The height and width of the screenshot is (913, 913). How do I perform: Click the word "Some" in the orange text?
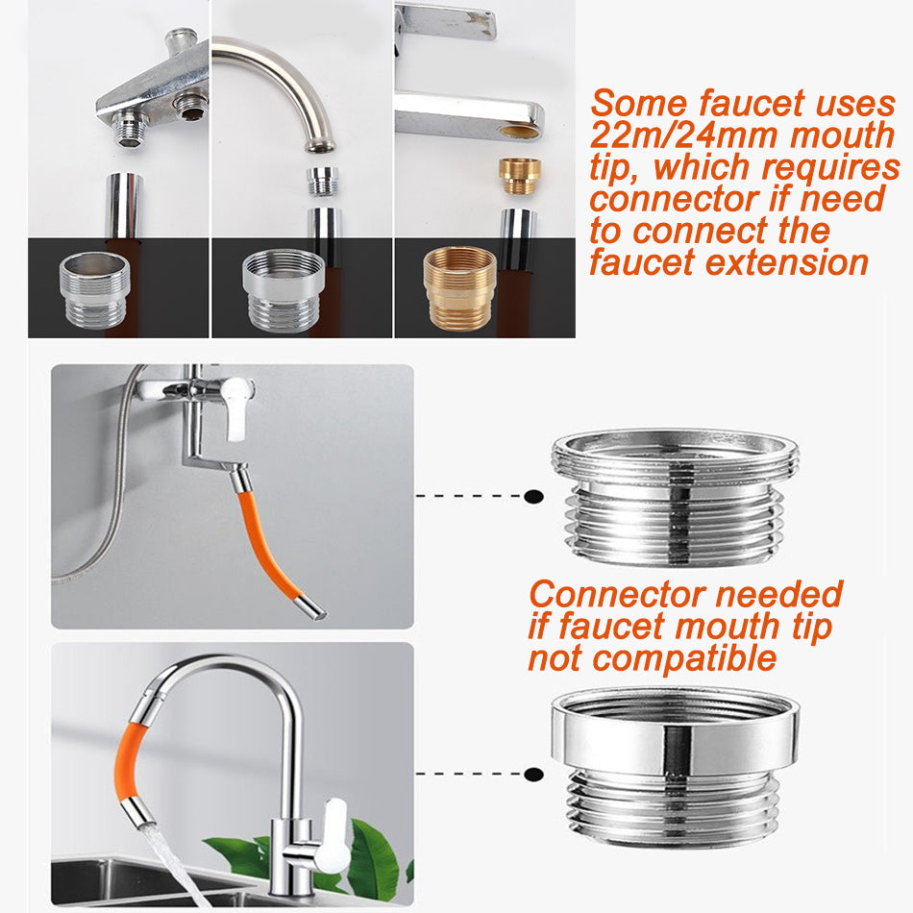(639, 104)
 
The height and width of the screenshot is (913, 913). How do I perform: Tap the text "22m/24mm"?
(683, 136)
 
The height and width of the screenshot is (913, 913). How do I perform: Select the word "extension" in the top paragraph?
(787, 262)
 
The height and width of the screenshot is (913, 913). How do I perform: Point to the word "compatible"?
(684, 658)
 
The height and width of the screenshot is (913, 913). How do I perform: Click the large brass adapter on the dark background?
(459, 288)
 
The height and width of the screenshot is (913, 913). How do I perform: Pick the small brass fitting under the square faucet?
(519, 175)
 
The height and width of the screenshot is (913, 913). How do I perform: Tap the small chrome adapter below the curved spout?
(322, 181)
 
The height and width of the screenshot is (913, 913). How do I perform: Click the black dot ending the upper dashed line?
(533, 497)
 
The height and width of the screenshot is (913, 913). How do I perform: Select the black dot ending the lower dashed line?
(533, 775)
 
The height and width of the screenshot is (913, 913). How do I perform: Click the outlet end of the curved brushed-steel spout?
(320, 145)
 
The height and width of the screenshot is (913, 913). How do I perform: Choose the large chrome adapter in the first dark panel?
(94, 289)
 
